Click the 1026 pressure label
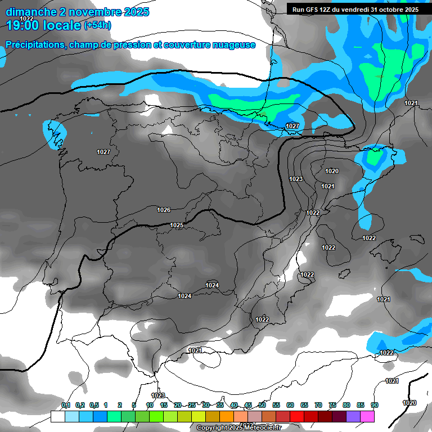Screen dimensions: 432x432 164,210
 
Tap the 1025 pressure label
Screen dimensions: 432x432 177,225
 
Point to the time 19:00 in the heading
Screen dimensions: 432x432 25,25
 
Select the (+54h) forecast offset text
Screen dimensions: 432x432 97,25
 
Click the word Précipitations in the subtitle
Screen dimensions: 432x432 35,44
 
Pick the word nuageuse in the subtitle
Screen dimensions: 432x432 232,44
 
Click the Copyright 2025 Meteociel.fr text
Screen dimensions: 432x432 239,428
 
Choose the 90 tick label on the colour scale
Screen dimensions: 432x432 375,405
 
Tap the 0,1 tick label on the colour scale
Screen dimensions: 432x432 66,405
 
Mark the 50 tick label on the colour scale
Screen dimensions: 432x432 262,405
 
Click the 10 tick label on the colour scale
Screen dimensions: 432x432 150,405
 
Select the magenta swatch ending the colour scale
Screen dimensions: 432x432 367,416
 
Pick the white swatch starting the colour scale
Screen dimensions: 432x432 57,416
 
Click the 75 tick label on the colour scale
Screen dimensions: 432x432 332,405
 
